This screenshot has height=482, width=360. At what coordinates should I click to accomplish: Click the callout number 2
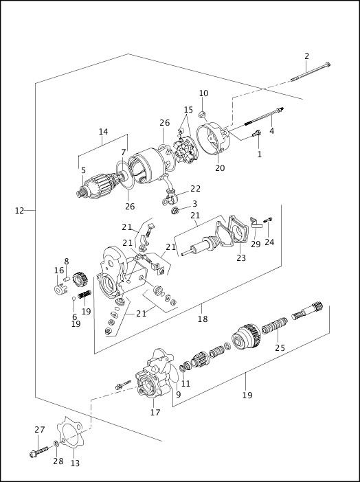click(307, 56)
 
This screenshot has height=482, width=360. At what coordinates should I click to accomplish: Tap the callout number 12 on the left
click(19, 211)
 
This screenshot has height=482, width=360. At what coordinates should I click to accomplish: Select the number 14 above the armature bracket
click(103, 132)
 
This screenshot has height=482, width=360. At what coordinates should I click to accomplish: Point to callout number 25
click(280, 348)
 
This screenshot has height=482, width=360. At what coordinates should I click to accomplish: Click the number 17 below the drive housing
click(155, 413)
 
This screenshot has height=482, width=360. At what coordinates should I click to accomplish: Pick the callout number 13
click(75, 463)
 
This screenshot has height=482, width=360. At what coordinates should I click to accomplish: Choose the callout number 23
click(240, 258)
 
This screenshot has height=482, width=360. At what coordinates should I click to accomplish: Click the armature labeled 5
click(100, 183)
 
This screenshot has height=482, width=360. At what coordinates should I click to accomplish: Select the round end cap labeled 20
click(212, 141)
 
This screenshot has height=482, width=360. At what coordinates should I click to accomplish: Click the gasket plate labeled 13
click(71, 432)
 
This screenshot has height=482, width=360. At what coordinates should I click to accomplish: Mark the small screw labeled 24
click(267, 220)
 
